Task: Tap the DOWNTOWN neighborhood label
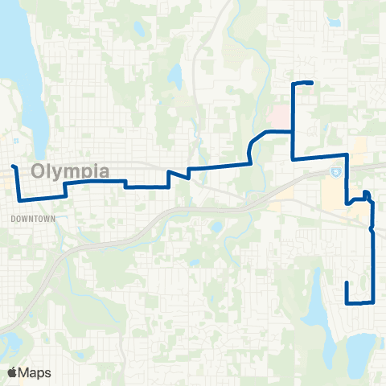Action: coord(33,218)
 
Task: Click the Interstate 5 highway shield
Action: coord(334,172)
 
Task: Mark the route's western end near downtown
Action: coord(13,166)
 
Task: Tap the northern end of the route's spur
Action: coord(310,84)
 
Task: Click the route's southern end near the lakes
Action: coord(347,283)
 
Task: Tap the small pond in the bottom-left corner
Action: coord(11,347)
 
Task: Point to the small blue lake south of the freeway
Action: coord(216,228)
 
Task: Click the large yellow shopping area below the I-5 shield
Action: coord(331,193)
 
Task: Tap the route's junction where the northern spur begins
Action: coord(292,130)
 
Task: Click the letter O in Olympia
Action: coord(40,171)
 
